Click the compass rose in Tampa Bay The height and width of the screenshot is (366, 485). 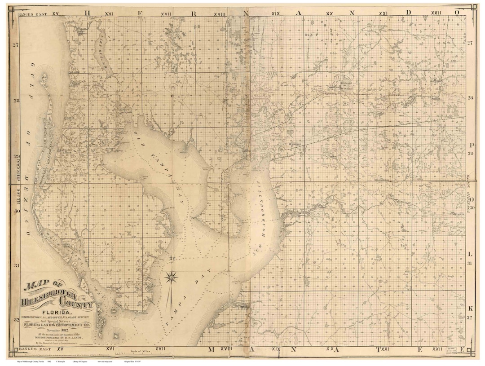pyautogui.click(x=171, y=277)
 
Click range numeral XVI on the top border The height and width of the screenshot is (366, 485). pyautogui.click(x=109, y=14)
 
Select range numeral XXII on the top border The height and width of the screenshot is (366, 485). pyautogui.click(x=436, y=14)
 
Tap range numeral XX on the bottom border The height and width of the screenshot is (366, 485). pyautogui.click(x=331, y=348)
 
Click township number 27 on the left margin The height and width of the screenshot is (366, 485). pyautogui.click(x=16, y=45)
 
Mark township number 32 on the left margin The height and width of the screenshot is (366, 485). pyautogui.click(x=16, y=320)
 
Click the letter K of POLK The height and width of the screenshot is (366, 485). pyautogui.click(x=471, y=309)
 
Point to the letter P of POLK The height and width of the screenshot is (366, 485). pyautogui.click(x=471, y=145)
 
